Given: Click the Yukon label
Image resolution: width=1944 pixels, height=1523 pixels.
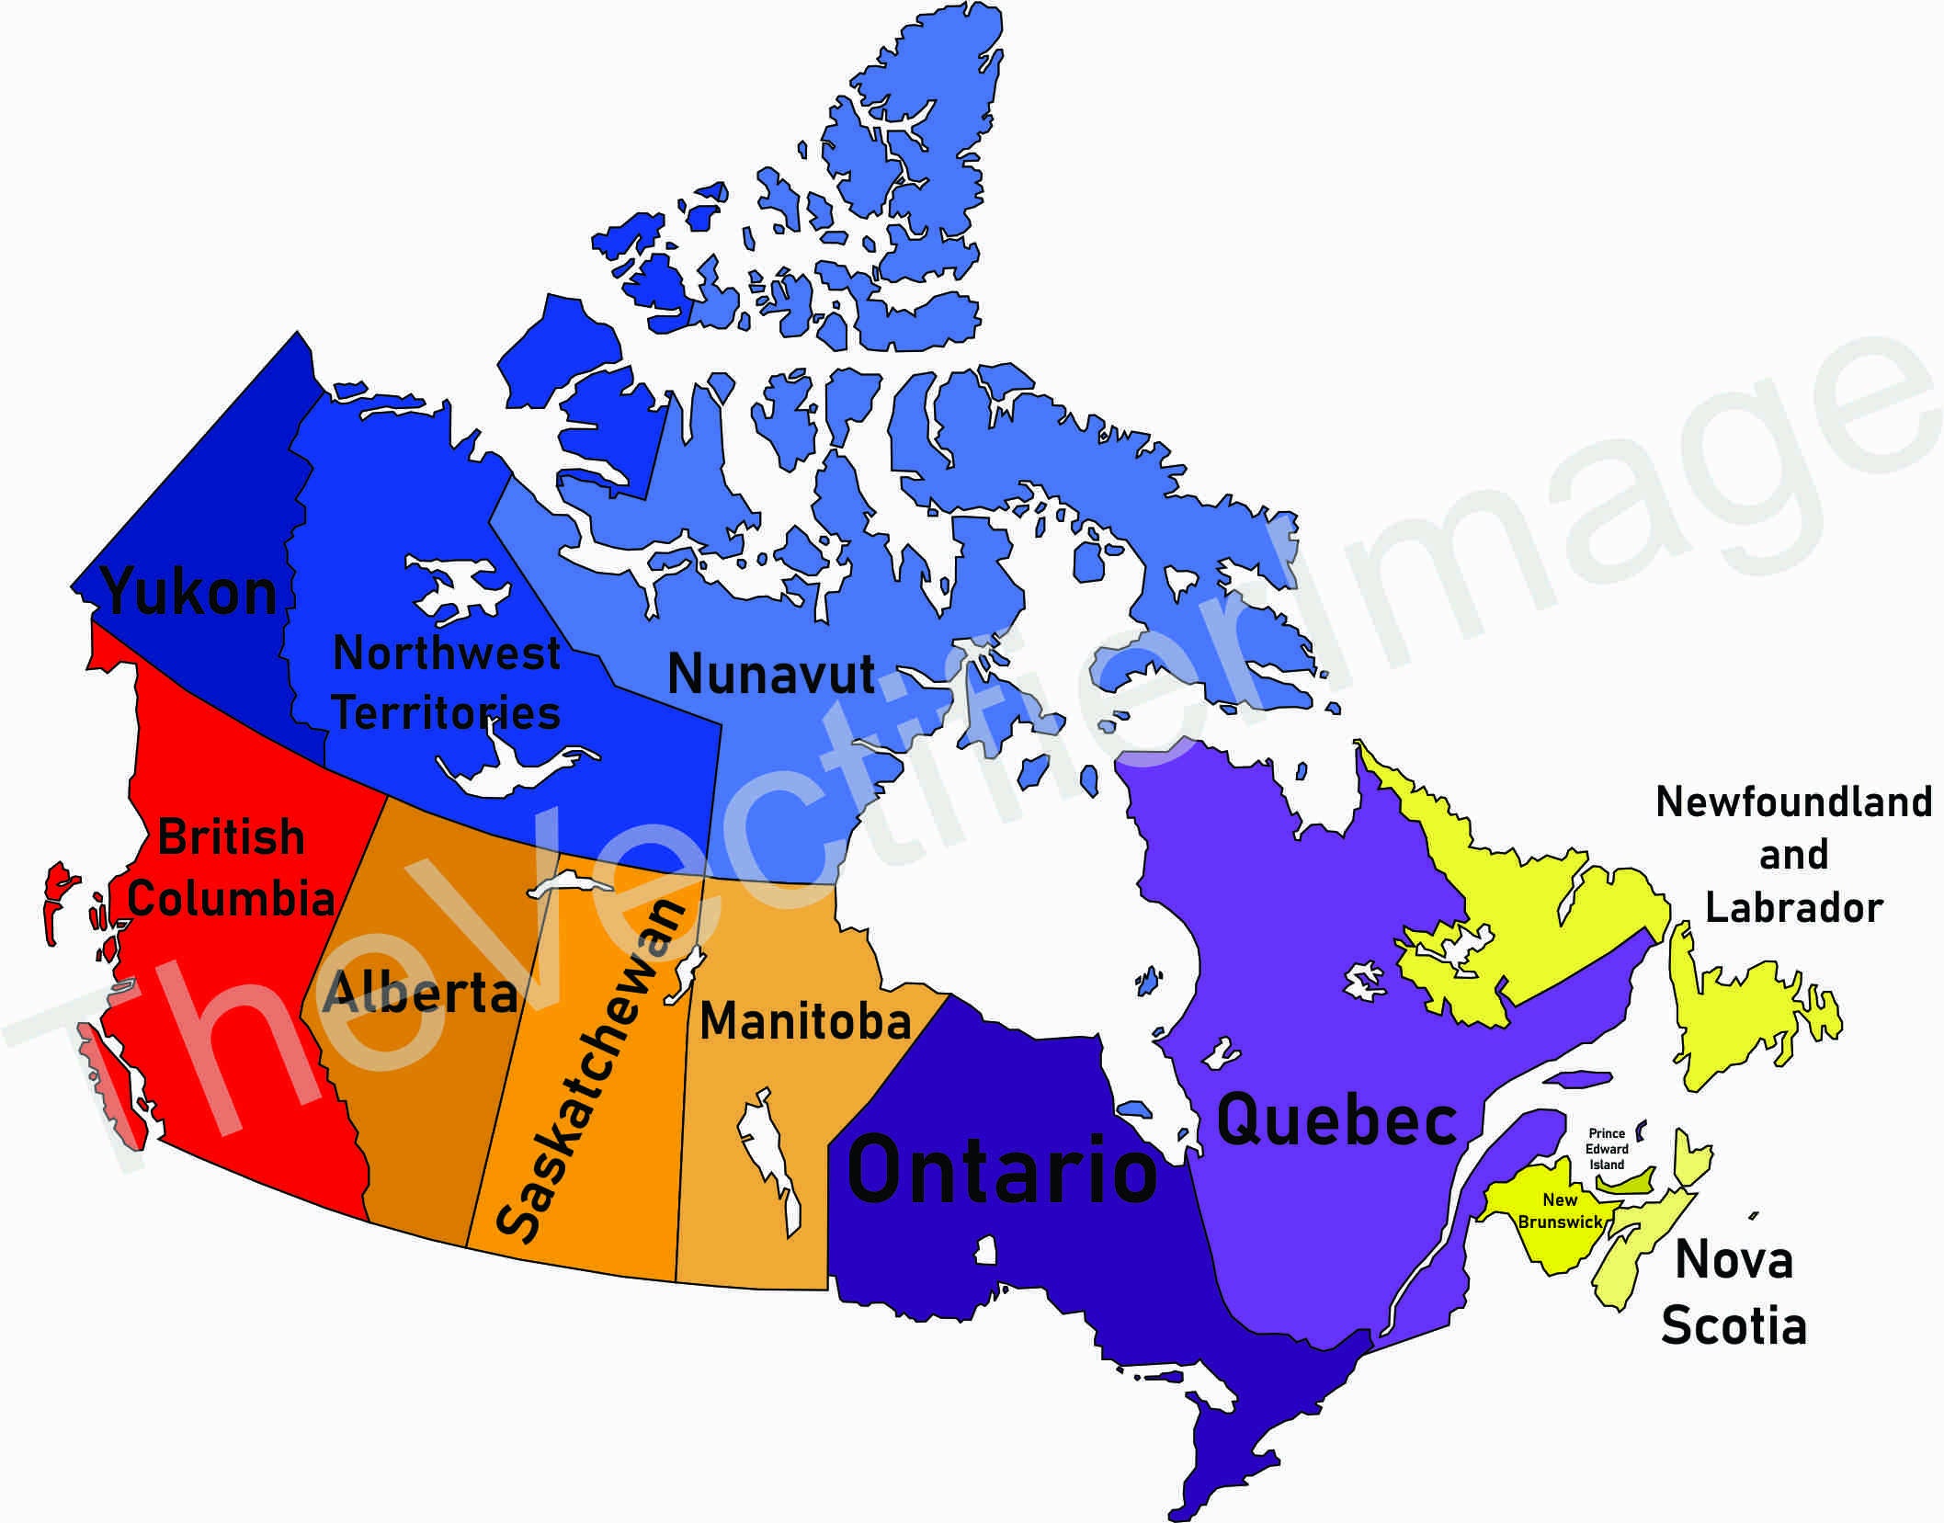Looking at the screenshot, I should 188,592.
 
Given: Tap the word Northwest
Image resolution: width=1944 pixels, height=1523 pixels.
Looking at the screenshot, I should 446,654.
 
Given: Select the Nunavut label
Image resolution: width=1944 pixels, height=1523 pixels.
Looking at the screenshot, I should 770,674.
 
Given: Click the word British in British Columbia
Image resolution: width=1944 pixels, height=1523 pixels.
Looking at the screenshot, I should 231,837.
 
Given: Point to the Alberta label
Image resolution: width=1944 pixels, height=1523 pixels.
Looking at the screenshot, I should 420,993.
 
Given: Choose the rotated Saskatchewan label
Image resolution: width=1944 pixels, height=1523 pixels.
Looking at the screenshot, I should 590,1071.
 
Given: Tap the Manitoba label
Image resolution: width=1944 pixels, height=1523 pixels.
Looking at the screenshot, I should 805,1021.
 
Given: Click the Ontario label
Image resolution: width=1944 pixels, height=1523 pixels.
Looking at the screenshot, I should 1001,1170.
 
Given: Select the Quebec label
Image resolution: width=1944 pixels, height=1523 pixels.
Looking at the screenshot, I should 1336,1120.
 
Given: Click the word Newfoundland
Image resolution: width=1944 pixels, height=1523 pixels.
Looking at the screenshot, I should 1793,802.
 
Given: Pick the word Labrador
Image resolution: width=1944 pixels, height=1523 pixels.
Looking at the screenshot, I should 1793,908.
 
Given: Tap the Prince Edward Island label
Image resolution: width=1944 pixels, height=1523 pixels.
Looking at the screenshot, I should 1607,1149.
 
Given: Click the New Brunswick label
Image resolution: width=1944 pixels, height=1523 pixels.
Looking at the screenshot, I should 1560,1210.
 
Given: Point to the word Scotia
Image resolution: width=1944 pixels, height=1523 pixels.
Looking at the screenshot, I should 1734,1326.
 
